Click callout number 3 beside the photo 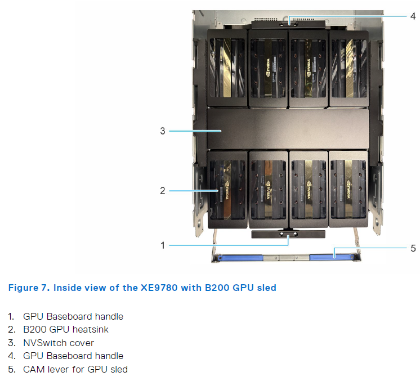pyautogui.click(x=163, y=131)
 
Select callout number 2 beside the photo pyautogui.click(x=163, y=191)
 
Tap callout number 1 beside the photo pyautogui.click(x=163, y=245)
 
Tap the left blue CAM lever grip pyautogui.click(x=237, y=257)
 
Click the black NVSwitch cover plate pyautogui.click(x=288, y=129)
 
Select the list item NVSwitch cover pyautogui.click(x=58, y=343)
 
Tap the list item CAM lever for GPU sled pyautogui.click(x=75, y=369)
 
